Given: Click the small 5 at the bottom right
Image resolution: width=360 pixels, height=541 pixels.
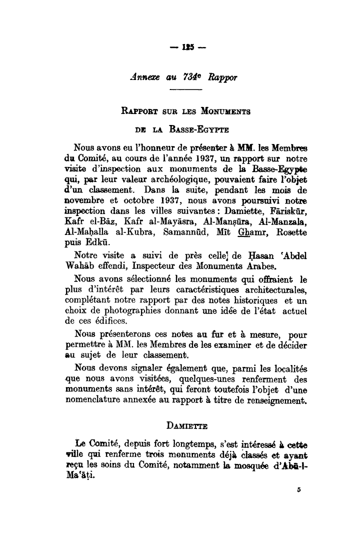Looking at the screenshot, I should coord(297,491).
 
